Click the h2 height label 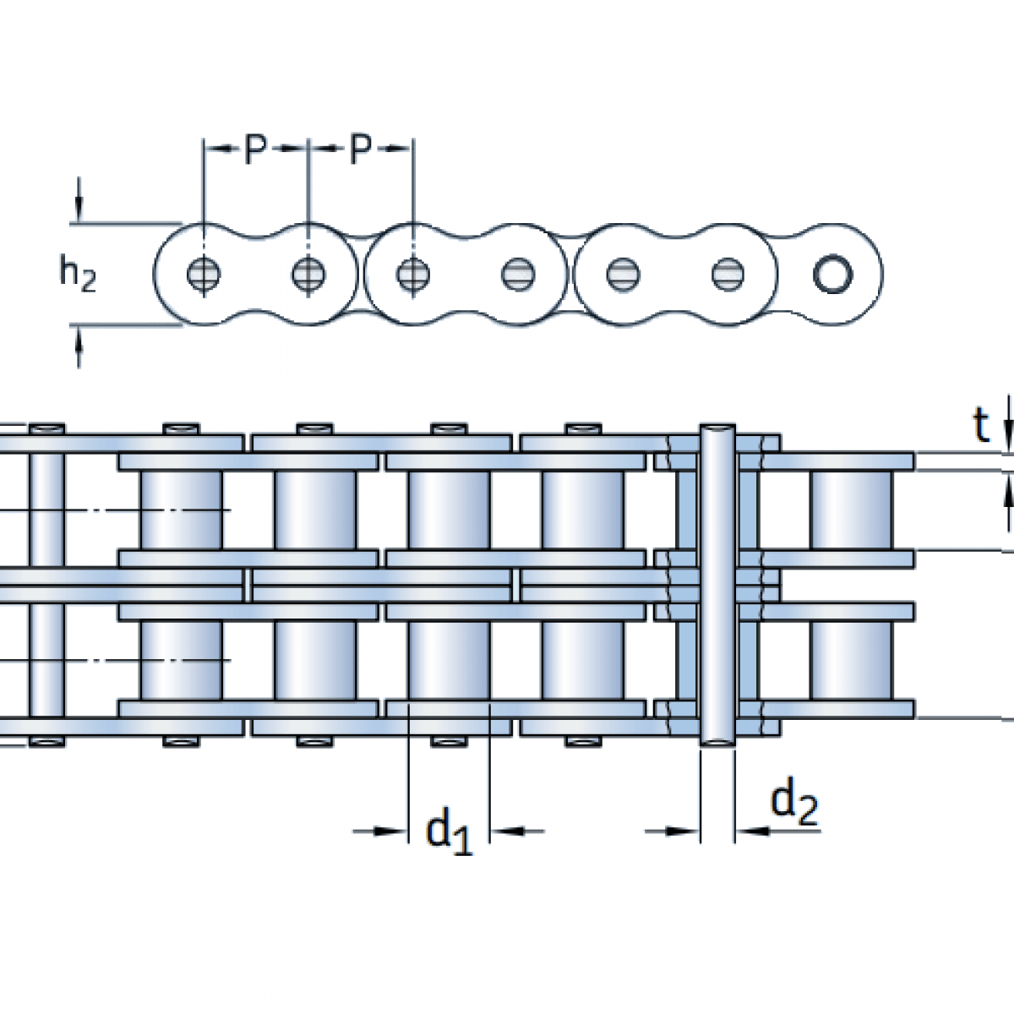pos(77,274)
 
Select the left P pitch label pos(255,150)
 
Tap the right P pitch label pos(361,150)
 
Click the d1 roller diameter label pos(449,831)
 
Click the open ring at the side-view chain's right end pos(832,274)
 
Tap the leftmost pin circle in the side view pos(204,274)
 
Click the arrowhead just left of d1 pos(390,831)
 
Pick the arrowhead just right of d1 pos(507,831)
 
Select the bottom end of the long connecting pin pos(717,740)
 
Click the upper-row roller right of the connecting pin pos(850,510)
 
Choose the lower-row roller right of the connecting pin pos(850,660)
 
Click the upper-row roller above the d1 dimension pos(448,510)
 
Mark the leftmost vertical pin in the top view pos(46,583)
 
